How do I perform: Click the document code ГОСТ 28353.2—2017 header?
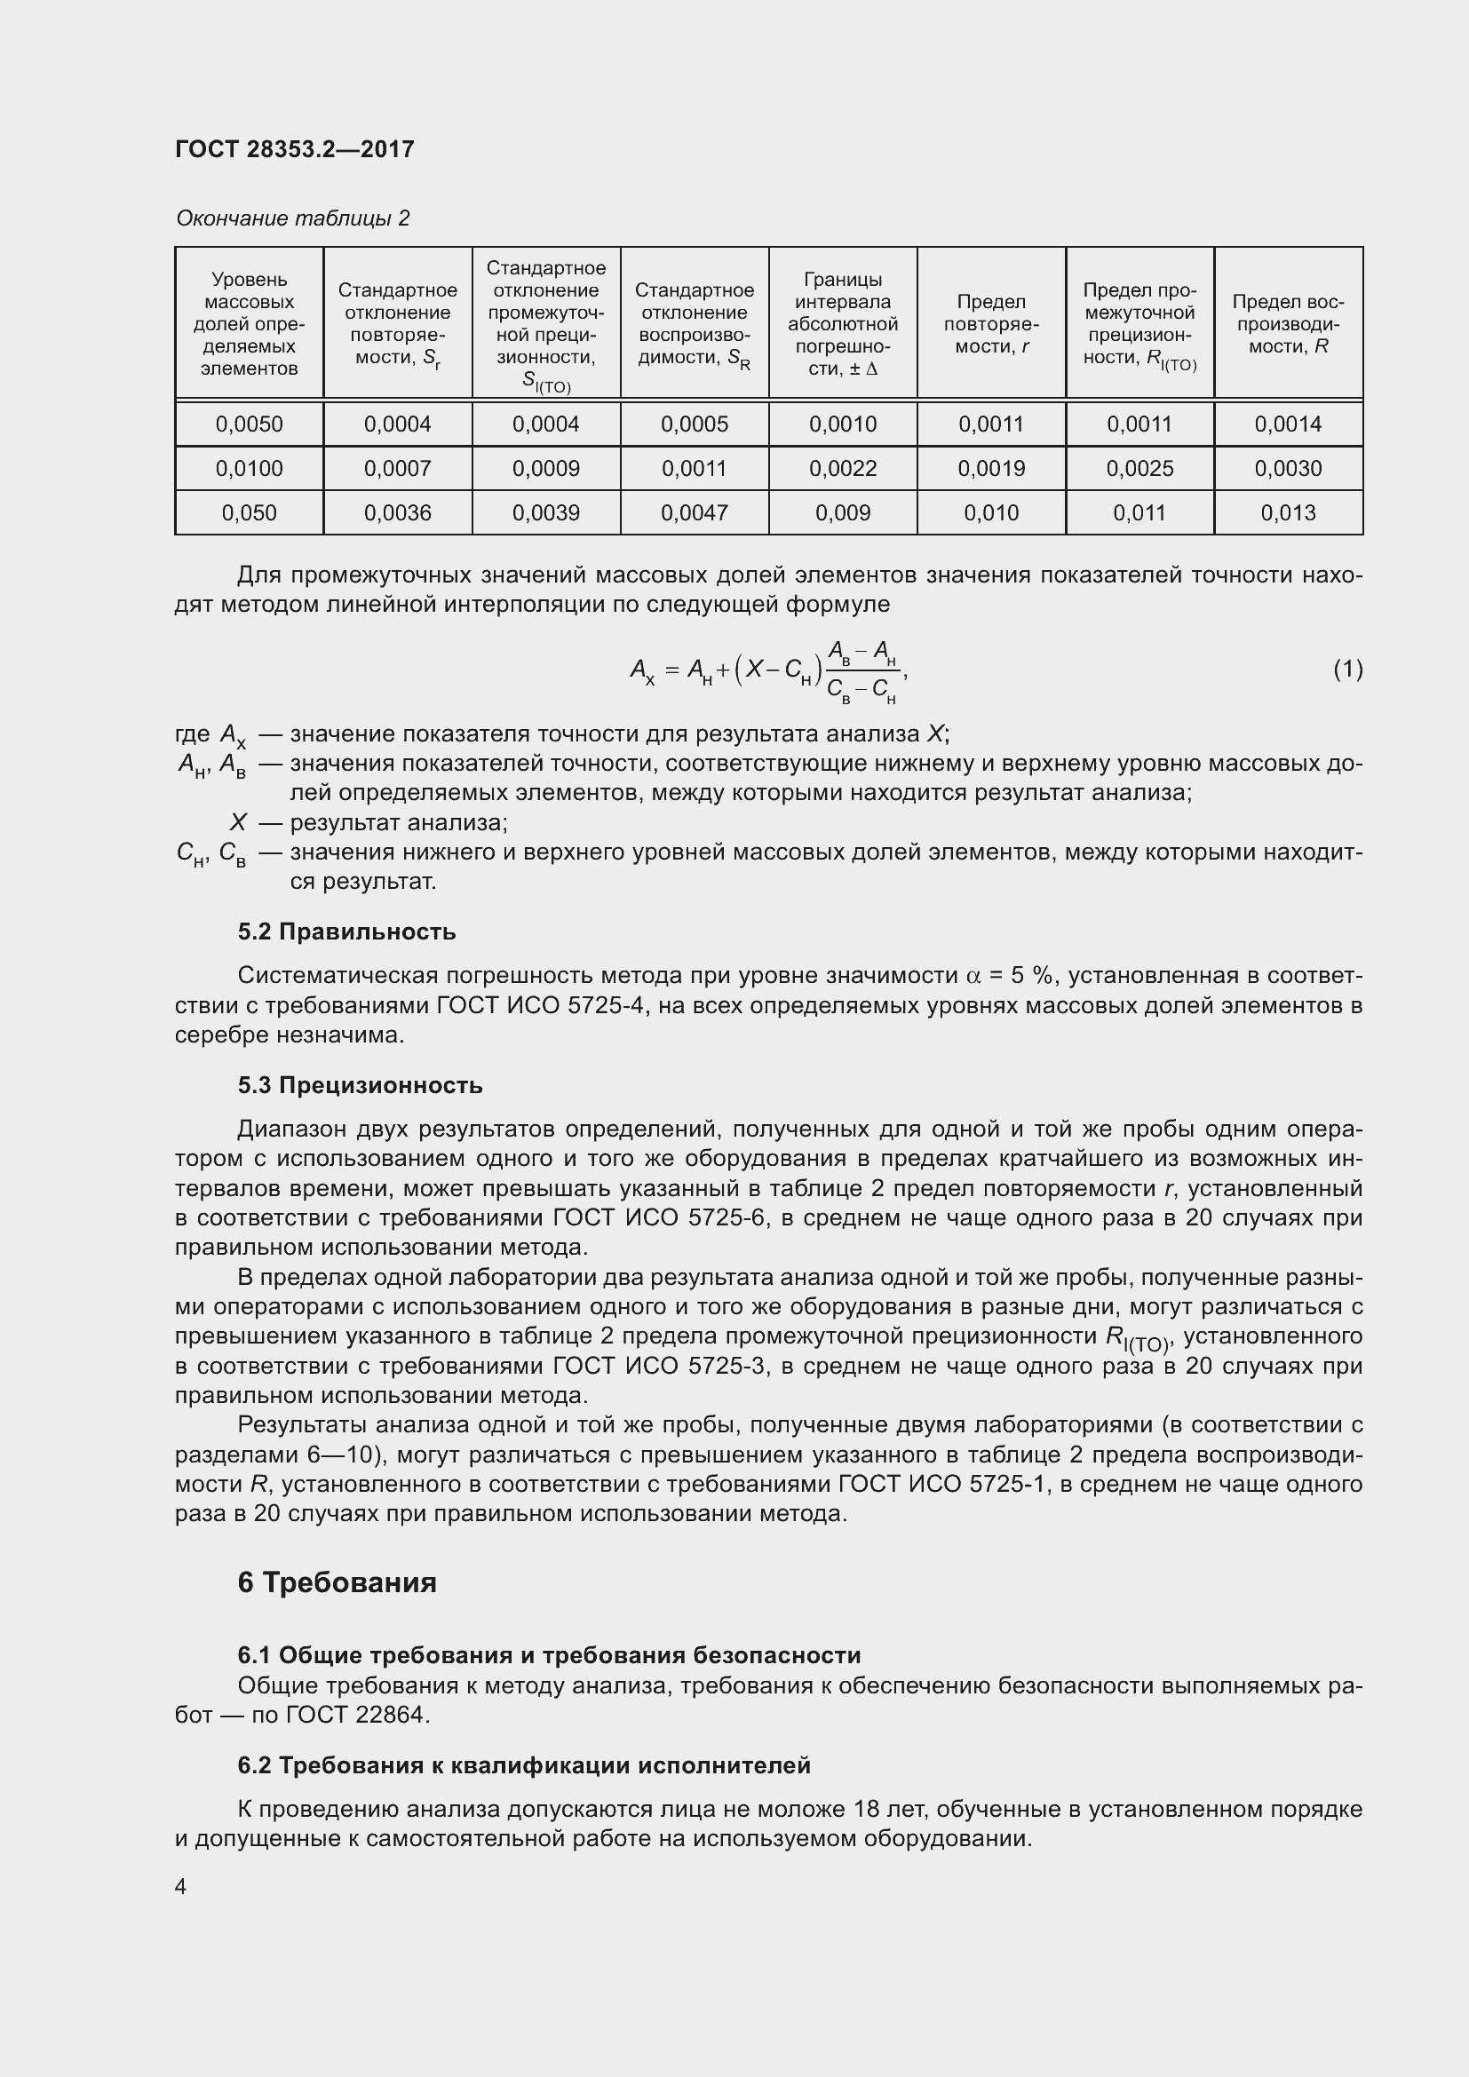click(x=295, y=149)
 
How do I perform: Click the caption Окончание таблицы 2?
click(x=292, y=218)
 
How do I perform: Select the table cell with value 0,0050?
click(x=249, y=424)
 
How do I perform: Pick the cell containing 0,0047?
click(x=694, y=513)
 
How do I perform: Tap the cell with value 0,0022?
click(x=842, y=469)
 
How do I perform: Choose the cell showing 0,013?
click(x=1287, y=513)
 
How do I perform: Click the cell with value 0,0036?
click(x=397, y=513)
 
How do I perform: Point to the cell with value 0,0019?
click(x=990, y=469)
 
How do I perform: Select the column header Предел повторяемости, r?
click(x=990, y=324)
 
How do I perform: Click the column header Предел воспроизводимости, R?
click(x=1287, y=324)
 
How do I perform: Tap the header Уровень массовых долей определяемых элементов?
click(x=249, y=324)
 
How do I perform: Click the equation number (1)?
click(x=1347, y=669)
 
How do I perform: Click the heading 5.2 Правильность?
click(x=346, y=931)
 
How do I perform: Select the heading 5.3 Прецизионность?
click(x=360, y=1085)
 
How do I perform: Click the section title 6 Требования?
click(x=337, y=1582)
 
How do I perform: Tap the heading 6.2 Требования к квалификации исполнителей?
click(x=524, y=1766)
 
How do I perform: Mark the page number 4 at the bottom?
click(x=181, y=1886)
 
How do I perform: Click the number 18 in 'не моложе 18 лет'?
click(x=866, y=1809)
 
